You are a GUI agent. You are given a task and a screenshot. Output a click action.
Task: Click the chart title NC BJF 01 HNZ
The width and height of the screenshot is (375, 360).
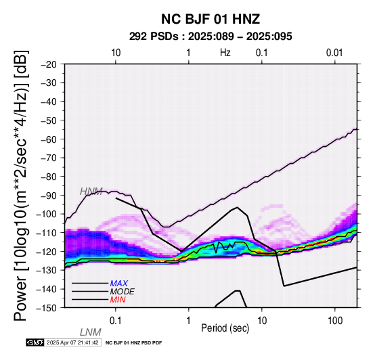pos(211,19)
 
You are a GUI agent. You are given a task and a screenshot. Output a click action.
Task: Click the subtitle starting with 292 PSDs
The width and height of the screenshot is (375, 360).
pos(211,37)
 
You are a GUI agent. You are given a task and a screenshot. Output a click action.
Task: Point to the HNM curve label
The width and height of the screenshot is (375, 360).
pos(91,192)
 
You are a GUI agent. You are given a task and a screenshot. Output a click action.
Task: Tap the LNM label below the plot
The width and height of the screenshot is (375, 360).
pos(91,332)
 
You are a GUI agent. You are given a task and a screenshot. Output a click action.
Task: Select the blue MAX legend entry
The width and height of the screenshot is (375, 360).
pos(119,284)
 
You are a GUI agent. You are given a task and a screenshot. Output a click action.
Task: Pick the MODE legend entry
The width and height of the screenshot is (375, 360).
pos(122,292)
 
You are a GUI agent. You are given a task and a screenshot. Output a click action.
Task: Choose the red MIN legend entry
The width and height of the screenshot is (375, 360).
pos(118,300)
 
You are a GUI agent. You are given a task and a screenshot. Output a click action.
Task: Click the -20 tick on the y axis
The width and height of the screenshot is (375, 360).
pos(49,64)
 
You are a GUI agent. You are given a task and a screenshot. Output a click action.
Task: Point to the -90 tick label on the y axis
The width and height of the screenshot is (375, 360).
pos(49,196)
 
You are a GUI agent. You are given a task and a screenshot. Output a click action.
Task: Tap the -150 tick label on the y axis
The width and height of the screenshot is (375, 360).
pos(47,308)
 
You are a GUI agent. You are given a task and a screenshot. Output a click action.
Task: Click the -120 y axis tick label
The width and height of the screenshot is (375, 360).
pos(47,252)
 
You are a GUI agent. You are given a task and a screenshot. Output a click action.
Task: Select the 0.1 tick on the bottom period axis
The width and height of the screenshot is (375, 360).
pos(116,321)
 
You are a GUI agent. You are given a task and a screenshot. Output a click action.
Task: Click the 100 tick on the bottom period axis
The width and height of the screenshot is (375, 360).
pos(335,321)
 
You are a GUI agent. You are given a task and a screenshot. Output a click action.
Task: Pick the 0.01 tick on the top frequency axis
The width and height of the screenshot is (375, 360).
pos(334,53)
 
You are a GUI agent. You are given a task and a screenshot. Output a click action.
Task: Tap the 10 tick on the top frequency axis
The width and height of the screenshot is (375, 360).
pos(116,53)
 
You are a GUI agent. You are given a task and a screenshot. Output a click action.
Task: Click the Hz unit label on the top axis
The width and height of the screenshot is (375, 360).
pos(225,53)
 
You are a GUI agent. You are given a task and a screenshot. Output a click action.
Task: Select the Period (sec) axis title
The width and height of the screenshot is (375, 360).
pos(225,328)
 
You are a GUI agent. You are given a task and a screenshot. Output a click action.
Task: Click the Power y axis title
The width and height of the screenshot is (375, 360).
pos(21,185)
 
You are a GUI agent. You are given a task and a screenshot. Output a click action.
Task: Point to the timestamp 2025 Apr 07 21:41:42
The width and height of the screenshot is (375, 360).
pos(72,343)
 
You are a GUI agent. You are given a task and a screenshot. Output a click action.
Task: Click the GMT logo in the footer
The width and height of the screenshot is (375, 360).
pos(35,342)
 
